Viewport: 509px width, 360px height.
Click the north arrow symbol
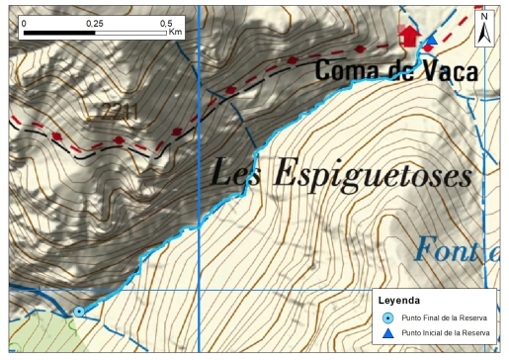pos(484,33)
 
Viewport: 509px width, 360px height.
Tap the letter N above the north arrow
pos(484,17)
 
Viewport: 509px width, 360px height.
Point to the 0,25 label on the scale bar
pos(95,21)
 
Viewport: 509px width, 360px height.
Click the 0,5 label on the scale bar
pos(165,21)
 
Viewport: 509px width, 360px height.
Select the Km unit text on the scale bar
pos(176,33)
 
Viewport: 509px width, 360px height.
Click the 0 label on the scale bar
pos(24,21)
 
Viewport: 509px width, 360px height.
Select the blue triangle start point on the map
pos(430,41)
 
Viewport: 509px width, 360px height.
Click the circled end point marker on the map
pos(79,312)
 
